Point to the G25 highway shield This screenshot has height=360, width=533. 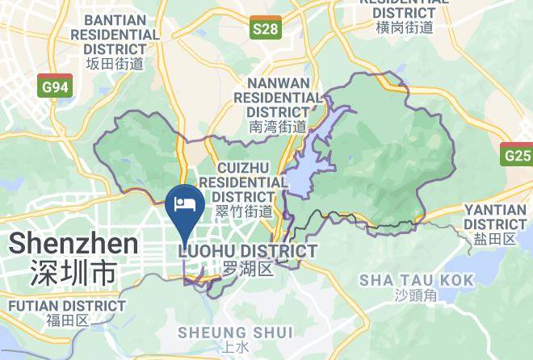coord(516,154)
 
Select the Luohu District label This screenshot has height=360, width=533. coord(246,252)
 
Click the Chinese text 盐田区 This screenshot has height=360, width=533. coord(494,239)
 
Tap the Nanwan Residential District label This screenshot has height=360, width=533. coord(278,97)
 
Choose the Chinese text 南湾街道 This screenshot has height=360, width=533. coord(278,127)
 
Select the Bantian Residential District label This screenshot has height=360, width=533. coord(115,34)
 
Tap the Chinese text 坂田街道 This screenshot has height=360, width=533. coord(115,64)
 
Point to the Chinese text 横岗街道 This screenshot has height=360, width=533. coord(405,27)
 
